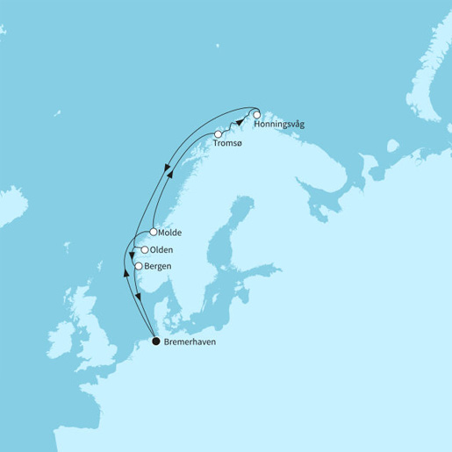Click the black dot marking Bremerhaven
tap(155, 341)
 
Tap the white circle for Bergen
tap(139, 266)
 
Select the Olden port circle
tap(145, 250)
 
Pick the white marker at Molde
tap(154, 233)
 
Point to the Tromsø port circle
tap(218, 134)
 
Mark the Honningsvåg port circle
tap(257, 115)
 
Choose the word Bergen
tap(159, 266)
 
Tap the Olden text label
tap(162, 250)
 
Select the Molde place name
tap(172, 233)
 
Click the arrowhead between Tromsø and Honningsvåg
tap(238, 126)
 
